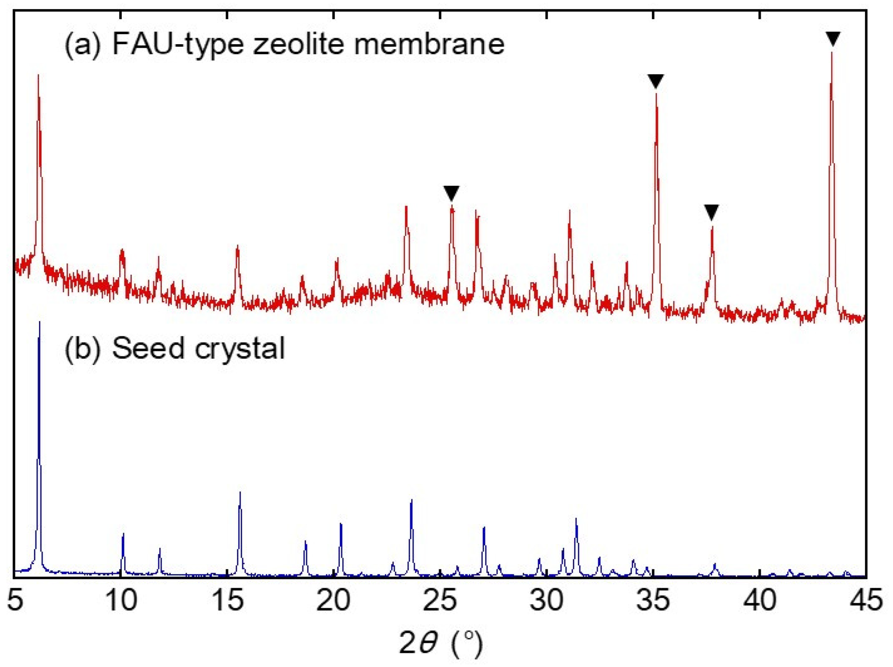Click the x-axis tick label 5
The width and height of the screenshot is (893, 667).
(15, 600)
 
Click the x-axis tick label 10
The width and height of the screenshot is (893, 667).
(121, 600)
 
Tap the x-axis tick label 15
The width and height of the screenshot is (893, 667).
(228, 600)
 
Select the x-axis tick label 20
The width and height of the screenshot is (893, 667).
(333, 600)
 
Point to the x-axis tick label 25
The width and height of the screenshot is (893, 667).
(440, 600)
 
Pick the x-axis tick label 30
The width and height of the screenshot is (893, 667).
(547, 600)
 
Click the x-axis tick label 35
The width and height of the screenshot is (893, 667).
(653, 600)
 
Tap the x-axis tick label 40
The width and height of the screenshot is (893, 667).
(760, 600)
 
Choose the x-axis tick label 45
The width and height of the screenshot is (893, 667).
(866, 600)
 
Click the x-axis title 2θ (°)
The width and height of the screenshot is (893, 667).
(441, 643)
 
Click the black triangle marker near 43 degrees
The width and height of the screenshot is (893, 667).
(833, 38)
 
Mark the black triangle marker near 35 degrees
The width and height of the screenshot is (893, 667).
(656, 80)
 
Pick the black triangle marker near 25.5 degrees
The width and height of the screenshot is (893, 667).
(451, 192)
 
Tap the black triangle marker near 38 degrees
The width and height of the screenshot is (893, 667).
(711, 211)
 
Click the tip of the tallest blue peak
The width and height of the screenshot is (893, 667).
(40, 322)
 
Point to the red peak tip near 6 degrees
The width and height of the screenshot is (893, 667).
(39, 75)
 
